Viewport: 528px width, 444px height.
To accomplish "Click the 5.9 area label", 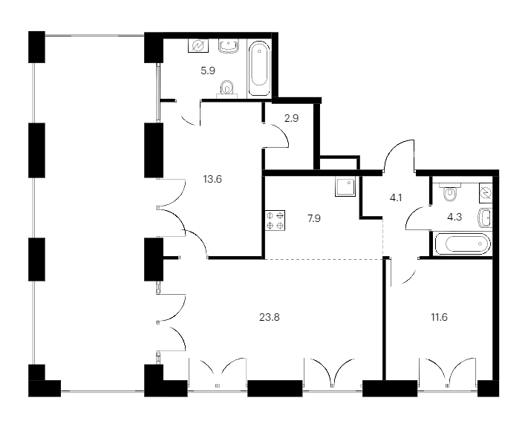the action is click(208, 71).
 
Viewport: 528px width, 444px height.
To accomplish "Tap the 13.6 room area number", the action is click(212, 179).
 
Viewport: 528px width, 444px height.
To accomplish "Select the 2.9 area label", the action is click(291, 118).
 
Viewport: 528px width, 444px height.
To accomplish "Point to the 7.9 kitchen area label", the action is click(314, 218).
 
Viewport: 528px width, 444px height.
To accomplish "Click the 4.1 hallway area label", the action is click(396, 197).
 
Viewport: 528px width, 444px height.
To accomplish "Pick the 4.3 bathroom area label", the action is click(454, 217).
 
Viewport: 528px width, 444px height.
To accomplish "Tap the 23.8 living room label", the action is click(270, 317).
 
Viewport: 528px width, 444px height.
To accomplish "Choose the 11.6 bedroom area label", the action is click(439, 317).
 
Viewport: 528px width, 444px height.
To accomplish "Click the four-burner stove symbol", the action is click(275, 221).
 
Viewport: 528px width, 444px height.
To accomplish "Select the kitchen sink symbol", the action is click(345, 187).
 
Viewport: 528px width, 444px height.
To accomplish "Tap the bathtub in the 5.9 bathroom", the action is click(259, 68).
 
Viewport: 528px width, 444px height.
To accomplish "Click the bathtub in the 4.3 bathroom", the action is click(463, 244).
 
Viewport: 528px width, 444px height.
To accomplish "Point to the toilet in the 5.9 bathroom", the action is click(227, 89).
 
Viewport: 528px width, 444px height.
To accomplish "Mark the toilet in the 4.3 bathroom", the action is click(449, 192).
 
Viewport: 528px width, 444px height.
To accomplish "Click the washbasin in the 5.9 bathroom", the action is click(229, 46).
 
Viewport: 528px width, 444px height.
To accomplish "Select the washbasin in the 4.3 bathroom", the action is click(485, 218).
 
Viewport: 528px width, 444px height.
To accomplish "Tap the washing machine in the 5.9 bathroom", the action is click(198, 45).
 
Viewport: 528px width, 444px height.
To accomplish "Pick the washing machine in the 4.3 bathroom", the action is click(486, 193).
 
